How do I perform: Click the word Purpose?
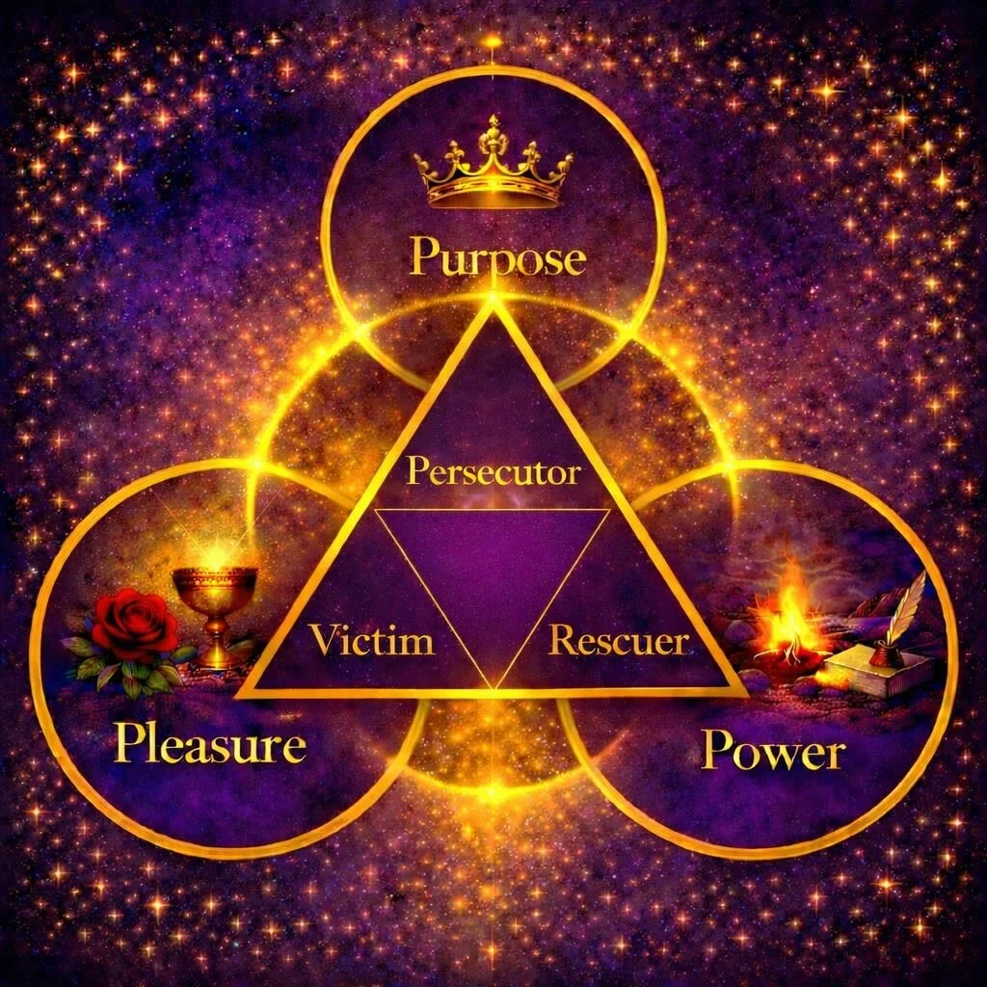[x=496, y=258]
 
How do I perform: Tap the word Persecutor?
[x=493, y=472]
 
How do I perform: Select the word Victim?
[x=371, y=640]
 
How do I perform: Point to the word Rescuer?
[x=618, y=640]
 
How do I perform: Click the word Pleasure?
[x=209, y=745]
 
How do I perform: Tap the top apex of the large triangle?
[x=493, y=300]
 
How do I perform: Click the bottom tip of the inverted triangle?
[x=493, y=686]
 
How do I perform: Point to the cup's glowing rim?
[x=215, y=573]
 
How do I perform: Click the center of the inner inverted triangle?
[x=493, y=569]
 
